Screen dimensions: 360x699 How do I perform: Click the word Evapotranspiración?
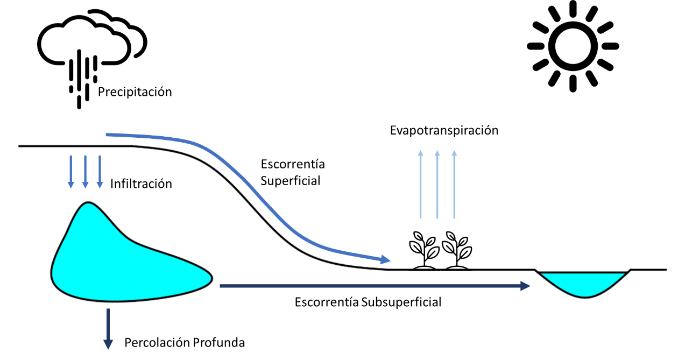[x=444, y=130]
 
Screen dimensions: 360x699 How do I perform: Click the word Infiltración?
[x=141, y=184]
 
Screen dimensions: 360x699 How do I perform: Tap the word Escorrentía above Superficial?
[x=292, y=164]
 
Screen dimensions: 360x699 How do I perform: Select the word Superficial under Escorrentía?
[x=290, y=181]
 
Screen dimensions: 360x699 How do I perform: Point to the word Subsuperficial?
[x=401, y=302]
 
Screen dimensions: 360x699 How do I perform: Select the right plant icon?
[x=457, y=250]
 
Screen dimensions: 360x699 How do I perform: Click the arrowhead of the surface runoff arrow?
[x=385, y=259]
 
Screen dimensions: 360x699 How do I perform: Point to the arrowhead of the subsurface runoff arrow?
[x=525, y=286]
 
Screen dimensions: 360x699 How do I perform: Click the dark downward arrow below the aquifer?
[x=108, y=328]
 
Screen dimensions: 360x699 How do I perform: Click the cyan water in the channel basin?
[x=584, y=283]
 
